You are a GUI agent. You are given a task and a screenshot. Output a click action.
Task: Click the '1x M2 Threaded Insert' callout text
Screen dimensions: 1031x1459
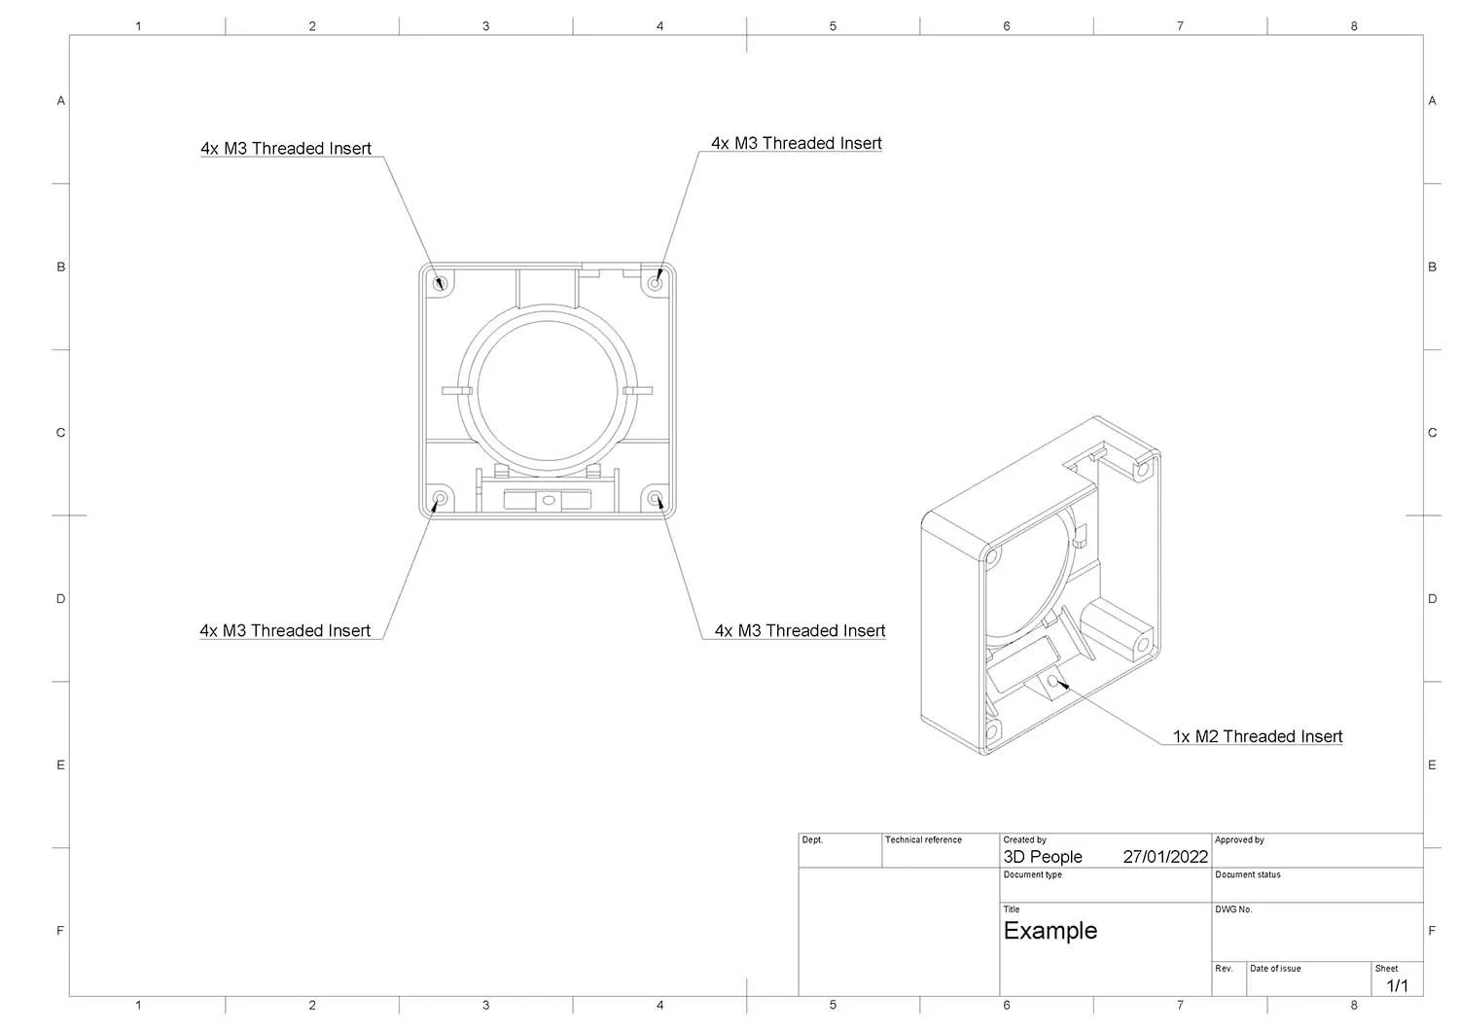pyautogui.click(x=1257, y=736)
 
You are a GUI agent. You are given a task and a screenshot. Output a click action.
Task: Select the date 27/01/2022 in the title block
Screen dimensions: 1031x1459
pyautogui.click(x=1164, y=857)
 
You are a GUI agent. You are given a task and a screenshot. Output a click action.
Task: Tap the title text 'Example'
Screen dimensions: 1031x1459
pyautogui.click(x=1050, y=931)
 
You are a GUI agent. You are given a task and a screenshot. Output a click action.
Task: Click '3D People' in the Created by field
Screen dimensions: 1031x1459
pyautogui.click(x=1042, y=857)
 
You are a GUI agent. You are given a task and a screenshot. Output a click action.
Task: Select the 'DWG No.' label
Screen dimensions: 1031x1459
pyautogui.click(x=1232, y=909)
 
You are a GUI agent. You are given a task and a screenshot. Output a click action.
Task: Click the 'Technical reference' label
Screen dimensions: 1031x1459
pyautogui.click(x=922, y=839)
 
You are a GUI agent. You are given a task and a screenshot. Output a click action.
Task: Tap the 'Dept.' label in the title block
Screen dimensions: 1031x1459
pyautogui.click(x=811, y=839)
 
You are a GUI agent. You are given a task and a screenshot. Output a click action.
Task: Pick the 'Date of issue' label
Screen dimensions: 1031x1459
pyautogui.click(x=1274, y=969)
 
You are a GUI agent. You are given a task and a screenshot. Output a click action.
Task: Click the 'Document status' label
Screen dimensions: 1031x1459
pyautogui.click(x=1247, y=874)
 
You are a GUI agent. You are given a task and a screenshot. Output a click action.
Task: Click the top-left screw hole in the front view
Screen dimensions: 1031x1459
pyautogui.click(x=440, y=284)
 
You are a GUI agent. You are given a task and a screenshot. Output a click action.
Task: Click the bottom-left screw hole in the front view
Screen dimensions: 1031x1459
pyautogui.click(x=440, y=499)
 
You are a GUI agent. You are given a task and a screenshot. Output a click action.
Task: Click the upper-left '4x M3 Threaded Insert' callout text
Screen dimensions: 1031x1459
pyautogui.click(x=286, y=149)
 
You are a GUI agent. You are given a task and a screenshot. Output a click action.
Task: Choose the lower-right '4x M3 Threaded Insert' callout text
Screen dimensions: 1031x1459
pyautogui.click(x=800, y=630)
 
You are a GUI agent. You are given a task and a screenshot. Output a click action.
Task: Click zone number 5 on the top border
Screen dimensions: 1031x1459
pyautogui.click(x=833, y=26)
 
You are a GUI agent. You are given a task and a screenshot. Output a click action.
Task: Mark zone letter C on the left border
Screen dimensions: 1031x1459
pyautogui.click(x=60, y=433)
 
